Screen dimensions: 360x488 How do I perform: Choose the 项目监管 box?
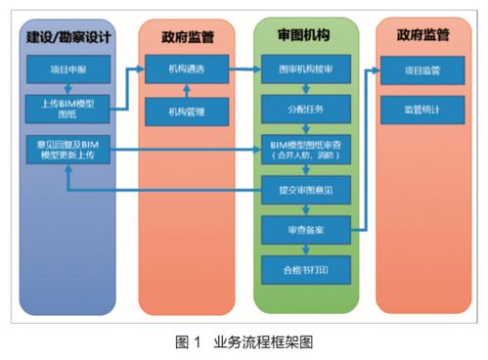click(x=422, y=70)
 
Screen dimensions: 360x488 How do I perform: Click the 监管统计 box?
click(x=422, y=107)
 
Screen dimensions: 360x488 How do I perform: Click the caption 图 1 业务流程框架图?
click(x=244, y=342)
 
